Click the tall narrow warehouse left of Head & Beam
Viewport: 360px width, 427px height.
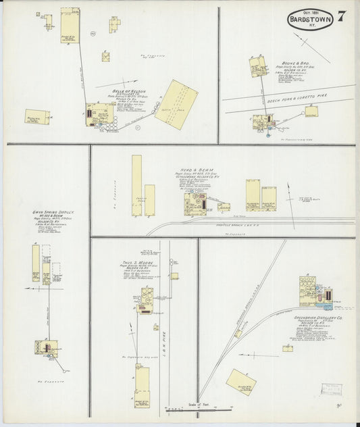tap(136, 186)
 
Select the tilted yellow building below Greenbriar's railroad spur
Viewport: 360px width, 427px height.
tap(240, 382)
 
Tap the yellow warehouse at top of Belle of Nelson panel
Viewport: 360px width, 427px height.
tap(70, 26)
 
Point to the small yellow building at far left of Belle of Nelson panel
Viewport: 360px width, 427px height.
tap(37, 117)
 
